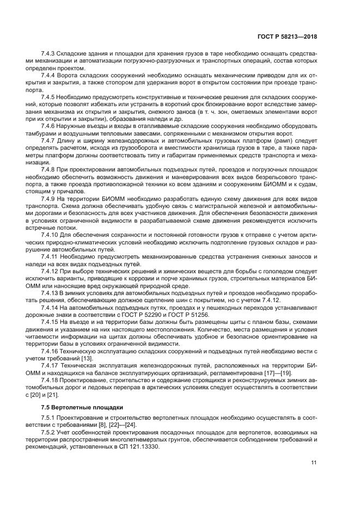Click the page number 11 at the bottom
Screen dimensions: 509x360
314,463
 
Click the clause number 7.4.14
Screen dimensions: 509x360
51,308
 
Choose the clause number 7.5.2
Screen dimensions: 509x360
50,432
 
